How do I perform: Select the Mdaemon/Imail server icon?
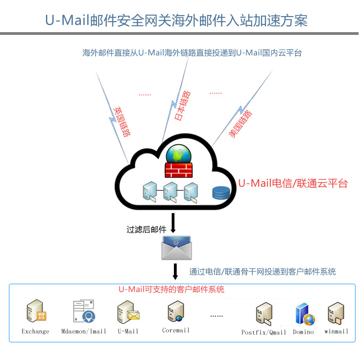tap(84, 311)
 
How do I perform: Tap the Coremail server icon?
tap(176, 312)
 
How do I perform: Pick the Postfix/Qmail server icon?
tap(263, 314)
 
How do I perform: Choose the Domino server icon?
tap(304, 314)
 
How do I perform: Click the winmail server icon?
tap(336, 314)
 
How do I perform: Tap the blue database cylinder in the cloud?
tap(220, 193)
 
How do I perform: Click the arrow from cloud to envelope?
tap(173, 222)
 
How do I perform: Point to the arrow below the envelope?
tap(175, 271)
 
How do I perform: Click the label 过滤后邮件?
tap(147, 229)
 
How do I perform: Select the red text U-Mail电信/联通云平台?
tap(293, 183)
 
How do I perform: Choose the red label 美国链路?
tap(240, 124)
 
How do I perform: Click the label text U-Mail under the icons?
tap(128, 331)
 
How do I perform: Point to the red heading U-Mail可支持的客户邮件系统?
tap(172, 290)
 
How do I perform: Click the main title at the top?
tap(176, 20)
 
